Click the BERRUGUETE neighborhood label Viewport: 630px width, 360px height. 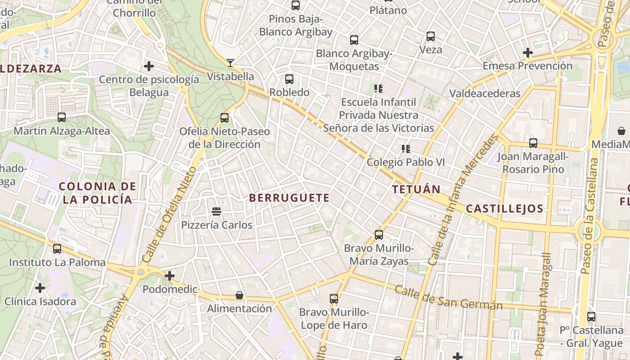(x=289, y=198)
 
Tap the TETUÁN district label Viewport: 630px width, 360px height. (x=416, y=189)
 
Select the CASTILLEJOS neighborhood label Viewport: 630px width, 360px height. (x=504, y=209)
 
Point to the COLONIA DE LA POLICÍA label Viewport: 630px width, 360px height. (x=98, y=193)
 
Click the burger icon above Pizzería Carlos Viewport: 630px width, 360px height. (x=216, y=211)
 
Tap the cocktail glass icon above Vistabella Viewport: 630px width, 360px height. (x=230, y=63)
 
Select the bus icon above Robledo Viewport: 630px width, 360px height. (x=289, y=79)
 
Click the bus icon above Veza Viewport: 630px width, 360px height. (x=431, y=36)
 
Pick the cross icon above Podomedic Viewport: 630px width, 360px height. (x=170, y=275)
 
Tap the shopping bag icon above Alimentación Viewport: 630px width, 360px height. (x=239, y=295)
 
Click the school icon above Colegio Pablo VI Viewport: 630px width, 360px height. (x=406, y=148)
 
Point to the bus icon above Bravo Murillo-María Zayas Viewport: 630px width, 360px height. (x=379, y=235)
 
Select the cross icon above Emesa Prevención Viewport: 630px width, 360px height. (x=528, y=53)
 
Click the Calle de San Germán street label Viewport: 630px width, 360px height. (x=448, y=297)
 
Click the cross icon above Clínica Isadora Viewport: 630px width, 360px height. (x=40, y=288)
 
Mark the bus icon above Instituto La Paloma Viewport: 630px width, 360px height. (x=57, y=249)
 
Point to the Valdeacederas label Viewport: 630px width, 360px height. (x=485, y=94)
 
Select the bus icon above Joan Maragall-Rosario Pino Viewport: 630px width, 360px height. (x=533, y=143)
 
